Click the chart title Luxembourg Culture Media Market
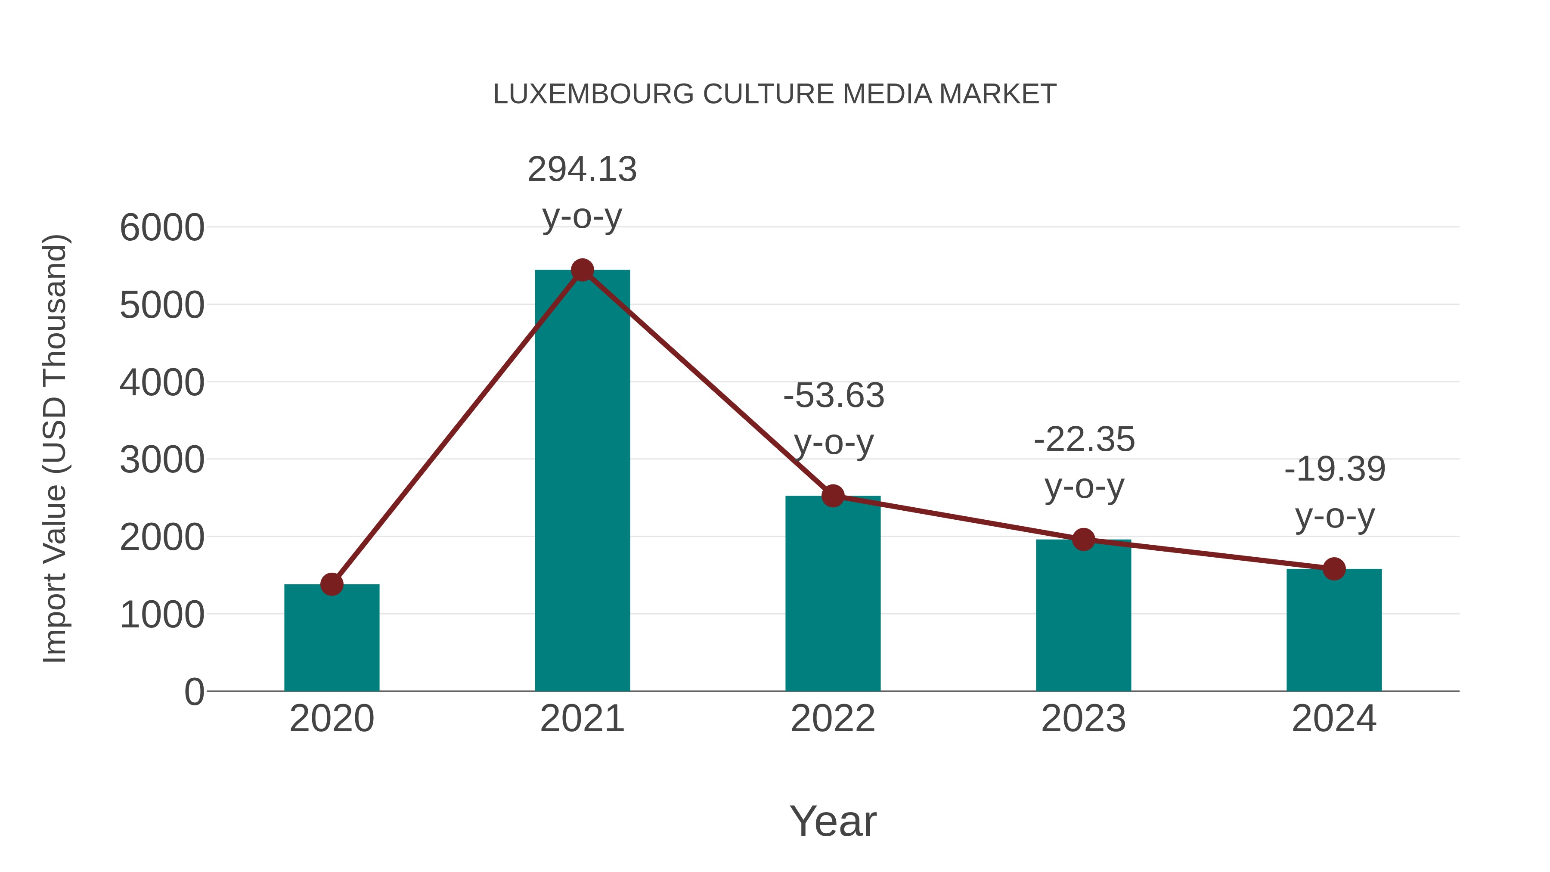coord(775,94)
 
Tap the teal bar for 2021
coord(582,481)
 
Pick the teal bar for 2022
coord(833,596)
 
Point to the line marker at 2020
coord(332,584)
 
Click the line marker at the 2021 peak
coord(582,270)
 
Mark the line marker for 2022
coord(833,496)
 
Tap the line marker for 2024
coord(1334,569)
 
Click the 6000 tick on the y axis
coord(162,228)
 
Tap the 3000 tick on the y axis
coord(162,460)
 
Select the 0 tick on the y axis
coord(194,692)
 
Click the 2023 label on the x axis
coord(1083,719)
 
